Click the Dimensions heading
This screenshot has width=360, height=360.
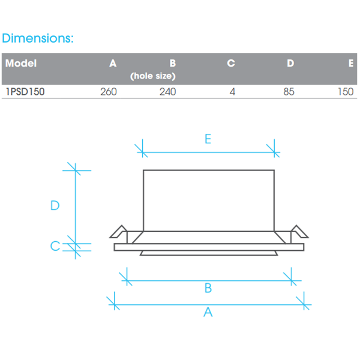tap(38, 38)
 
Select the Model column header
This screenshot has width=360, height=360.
tap(21, 64)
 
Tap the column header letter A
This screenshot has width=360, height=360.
tap(113, 64)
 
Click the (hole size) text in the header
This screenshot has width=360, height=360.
tap(152, 76)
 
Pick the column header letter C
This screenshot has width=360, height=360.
tap(231, 64)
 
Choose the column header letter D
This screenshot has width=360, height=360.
tap(290, 64)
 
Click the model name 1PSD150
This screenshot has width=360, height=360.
tap(25, 92)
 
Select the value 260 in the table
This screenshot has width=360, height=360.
tap(109, 92)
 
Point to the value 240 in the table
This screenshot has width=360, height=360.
tap(168, 92)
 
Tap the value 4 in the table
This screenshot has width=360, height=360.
tap(232, 92)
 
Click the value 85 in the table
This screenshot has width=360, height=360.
tap(289, 92)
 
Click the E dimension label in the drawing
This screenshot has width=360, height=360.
tap(208, 139)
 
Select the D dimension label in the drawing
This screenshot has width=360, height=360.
tap(55, 205)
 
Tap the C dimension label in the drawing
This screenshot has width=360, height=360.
tap(55, 246)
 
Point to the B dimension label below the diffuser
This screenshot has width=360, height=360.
tap(208, 289)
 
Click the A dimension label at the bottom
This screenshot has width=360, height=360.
tap(208, 312)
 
